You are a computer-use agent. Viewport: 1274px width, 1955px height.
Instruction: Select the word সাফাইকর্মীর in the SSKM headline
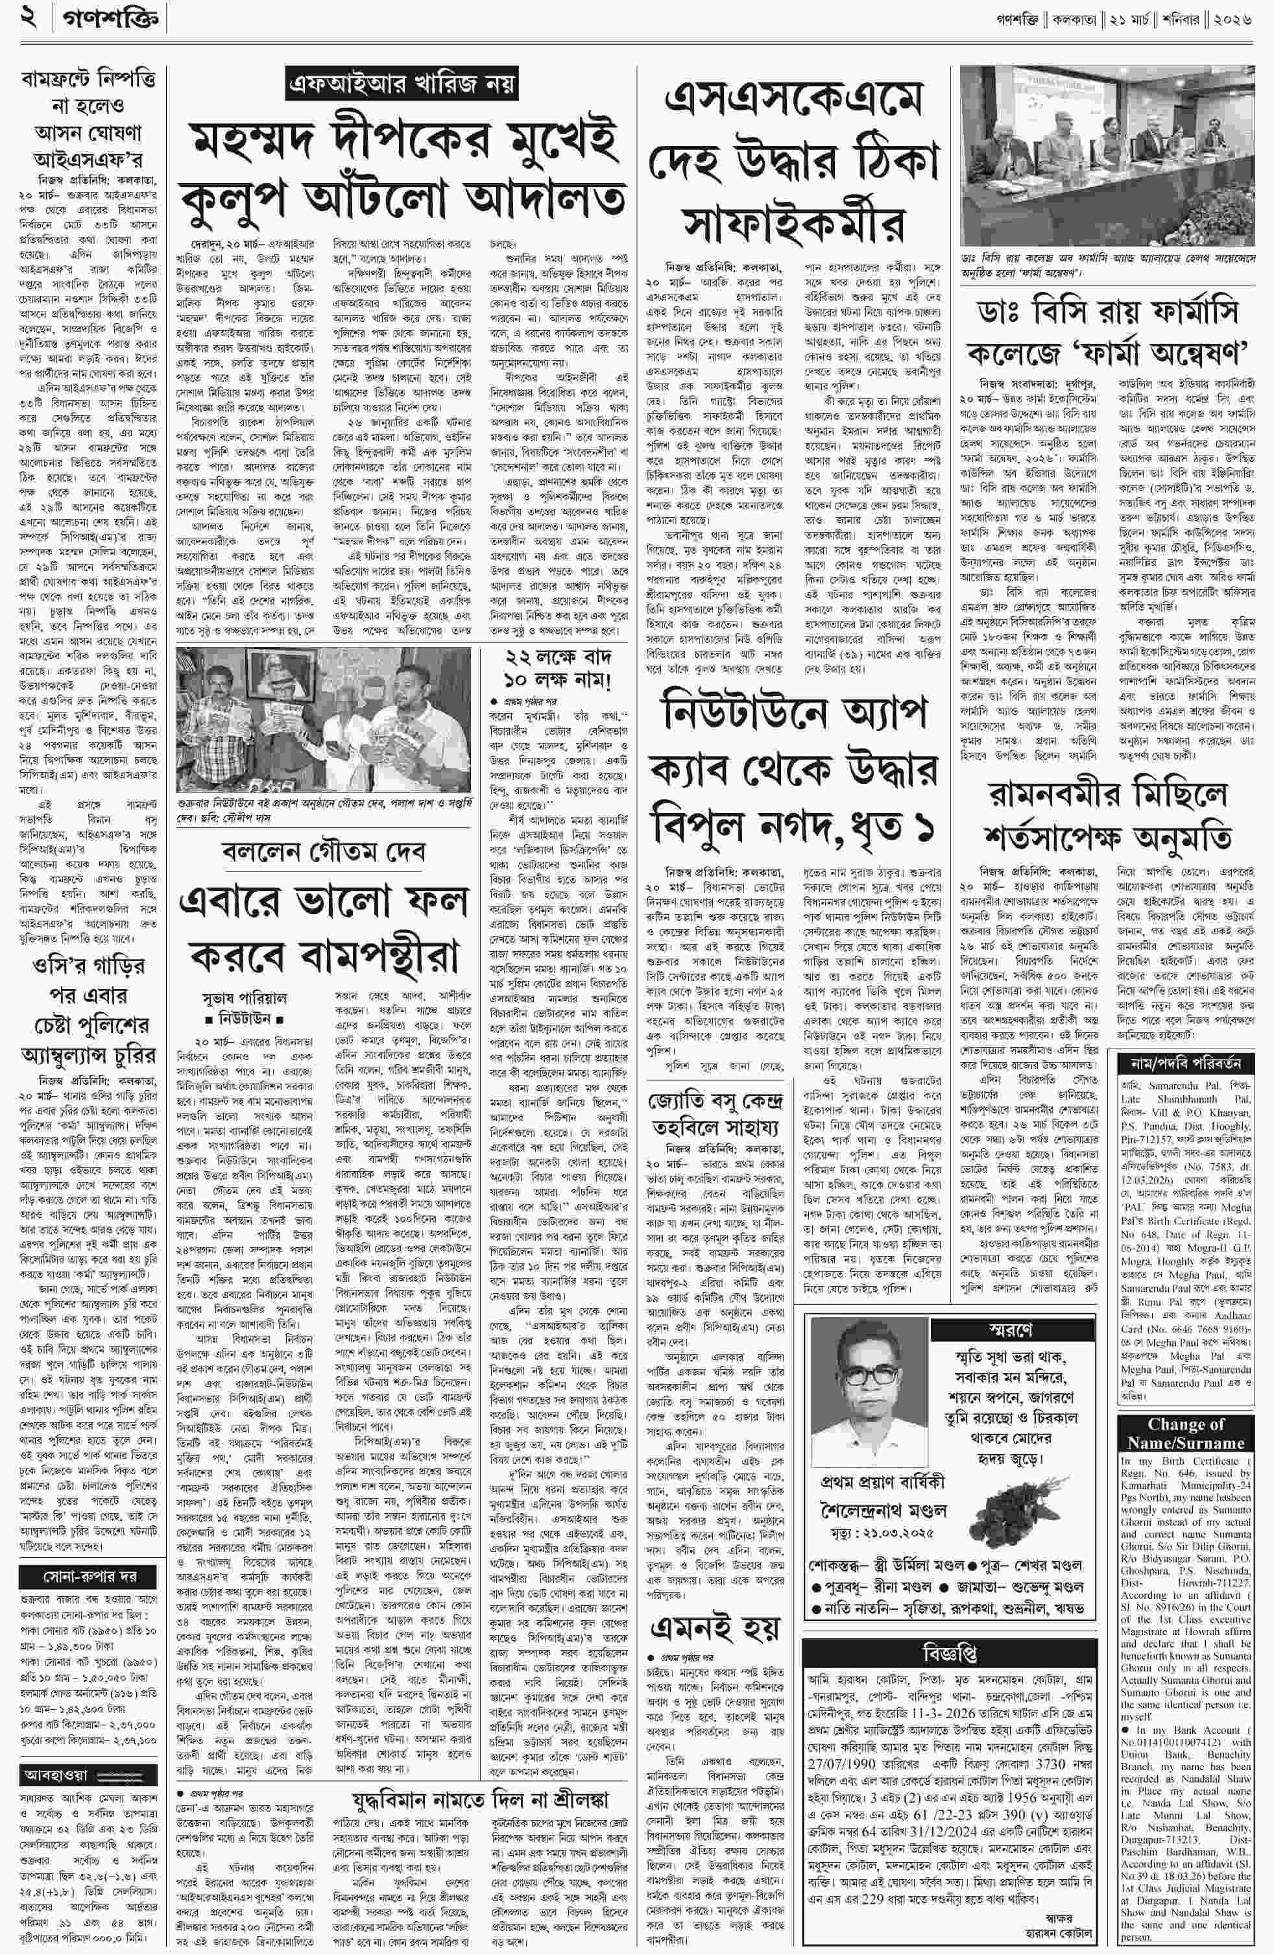[793, 223]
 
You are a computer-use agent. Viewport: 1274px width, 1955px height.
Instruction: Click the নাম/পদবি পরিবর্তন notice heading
[1181, 1063]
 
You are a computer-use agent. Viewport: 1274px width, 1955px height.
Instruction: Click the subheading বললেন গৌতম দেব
[324, 851]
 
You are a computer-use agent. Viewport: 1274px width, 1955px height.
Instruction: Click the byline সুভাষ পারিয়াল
[245, 998]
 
